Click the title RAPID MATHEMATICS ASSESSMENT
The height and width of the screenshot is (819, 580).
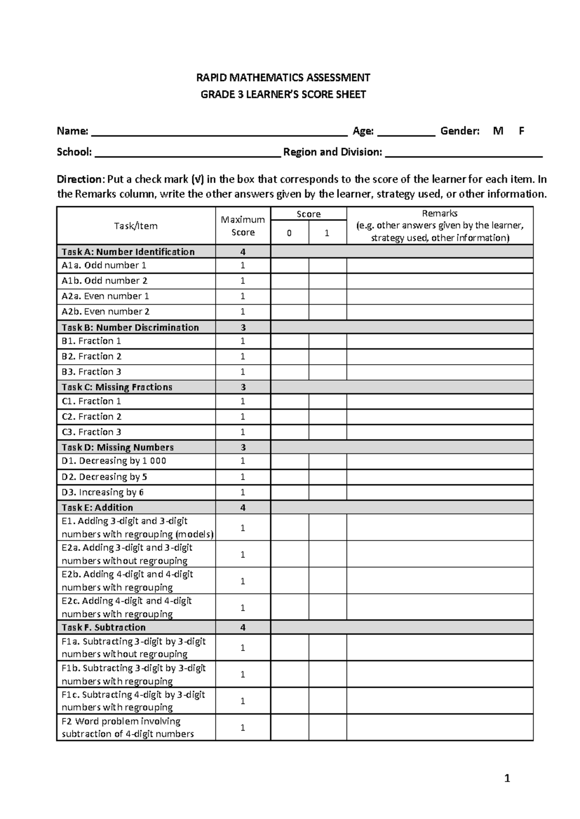coord(283,78)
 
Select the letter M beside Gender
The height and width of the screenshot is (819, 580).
coord(498,131)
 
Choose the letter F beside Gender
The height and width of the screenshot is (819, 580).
coord(521,131)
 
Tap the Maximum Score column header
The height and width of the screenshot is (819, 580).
coord(243,226)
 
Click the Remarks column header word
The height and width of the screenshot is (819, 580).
coord(439,213)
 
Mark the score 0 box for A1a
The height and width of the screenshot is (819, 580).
coord(290,266)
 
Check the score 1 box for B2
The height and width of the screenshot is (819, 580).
coord(328,357)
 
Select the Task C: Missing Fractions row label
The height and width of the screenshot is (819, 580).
coord(117,387)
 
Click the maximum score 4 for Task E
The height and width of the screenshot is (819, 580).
coord(243,508)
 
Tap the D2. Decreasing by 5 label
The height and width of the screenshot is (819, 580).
coord(104,477)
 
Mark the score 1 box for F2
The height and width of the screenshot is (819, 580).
coord(328,728)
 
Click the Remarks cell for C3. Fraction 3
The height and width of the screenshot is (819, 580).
coord(439,432)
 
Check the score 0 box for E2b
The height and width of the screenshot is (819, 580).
coord(290,581)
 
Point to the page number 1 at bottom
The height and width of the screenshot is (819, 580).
coord(507,778)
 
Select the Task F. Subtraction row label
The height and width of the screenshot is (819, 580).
coord(103,628)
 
